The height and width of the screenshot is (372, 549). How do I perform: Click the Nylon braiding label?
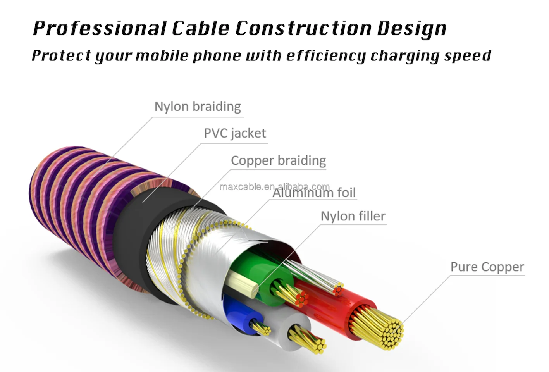198,107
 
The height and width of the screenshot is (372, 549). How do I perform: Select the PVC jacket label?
235,133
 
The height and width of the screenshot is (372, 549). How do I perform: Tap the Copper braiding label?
278,160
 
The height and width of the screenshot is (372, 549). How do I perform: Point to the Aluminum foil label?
314,193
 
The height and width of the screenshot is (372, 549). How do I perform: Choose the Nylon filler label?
353,216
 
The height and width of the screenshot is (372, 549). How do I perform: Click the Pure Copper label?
487,267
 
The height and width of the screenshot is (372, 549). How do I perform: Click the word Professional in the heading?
99,28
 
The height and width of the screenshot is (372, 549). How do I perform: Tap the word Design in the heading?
412,28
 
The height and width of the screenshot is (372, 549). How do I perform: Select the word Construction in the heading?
303,28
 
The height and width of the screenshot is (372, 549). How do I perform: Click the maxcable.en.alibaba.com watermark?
274,187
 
